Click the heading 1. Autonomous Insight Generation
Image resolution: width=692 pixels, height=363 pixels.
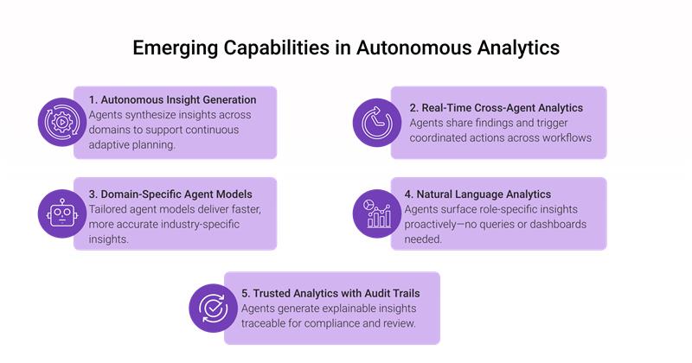[173, 99]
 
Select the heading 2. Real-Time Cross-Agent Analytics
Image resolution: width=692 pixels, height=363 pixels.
[496, 108]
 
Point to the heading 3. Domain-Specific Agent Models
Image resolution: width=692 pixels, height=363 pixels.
[169, 194]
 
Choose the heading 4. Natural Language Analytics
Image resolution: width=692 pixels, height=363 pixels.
[478, 194]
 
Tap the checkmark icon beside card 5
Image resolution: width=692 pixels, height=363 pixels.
[211, 308]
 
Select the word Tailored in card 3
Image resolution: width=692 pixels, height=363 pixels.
[111, 210]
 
